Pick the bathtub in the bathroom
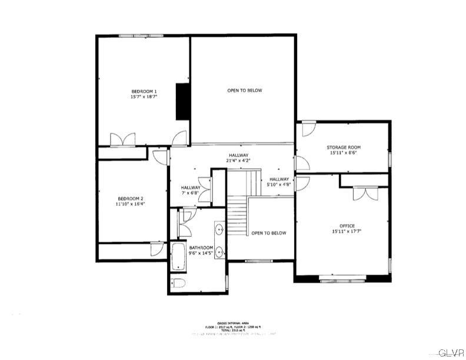click(177, 256)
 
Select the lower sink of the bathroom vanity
click(219, 252)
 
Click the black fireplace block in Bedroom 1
click(183, 102)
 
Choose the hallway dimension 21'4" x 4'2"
click(238, 158)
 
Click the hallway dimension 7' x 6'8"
click(191, 190)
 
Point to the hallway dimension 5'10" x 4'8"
click(279, 182)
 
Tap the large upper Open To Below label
click(244, 91)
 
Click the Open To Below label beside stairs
click(268, 233)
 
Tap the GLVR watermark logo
click(451, 352)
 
